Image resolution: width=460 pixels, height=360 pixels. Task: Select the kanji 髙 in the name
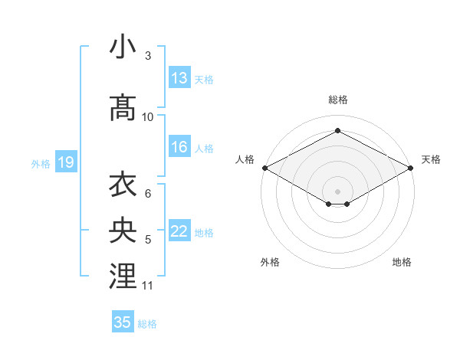[123, 108]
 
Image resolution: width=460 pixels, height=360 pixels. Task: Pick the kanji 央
[123, 231]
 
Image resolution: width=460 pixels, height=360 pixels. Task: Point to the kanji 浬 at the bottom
[123, 276]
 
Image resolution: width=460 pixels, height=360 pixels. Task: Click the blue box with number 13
[179, 78]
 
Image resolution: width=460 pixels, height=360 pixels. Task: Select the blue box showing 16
[179, 148]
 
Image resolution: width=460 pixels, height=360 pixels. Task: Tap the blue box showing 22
[179, 232]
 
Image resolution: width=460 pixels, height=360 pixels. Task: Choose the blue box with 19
[65, 162]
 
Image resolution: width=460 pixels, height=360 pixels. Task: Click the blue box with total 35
[123, 322]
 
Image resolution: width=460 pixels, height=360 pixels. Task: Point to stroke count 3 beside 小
[147, 56]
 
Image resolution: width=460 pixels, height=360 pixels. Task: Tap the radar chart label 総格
[337, 100]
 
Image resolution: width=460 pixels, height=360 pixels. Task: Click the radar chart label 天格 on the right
[431, 159]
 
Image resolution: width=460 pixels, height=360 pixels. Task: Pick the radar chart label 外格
[270, 262]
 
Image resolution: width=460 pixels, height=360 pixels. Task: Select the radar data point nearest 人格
[264, 167]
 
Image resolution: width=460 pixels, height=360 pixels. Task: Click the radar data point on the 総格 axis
[337, 130]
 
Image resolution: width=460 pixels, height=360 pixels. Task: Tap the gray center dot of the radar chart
[337, 191]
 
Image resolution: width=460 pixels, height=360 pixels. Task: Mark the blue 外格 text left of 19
[41, 163]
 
